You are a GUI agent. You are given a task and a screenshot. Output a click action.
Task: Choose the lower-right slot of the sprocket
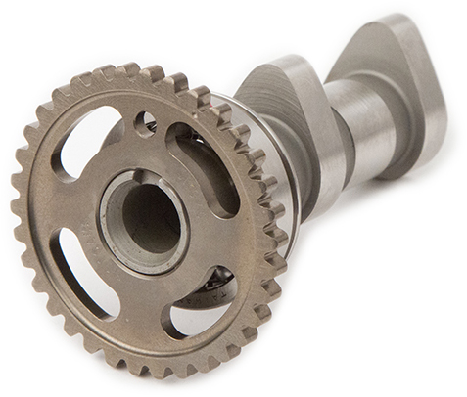205,299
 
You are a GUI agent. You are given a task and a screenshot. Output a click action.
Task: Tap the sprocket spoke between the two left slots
65,209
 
